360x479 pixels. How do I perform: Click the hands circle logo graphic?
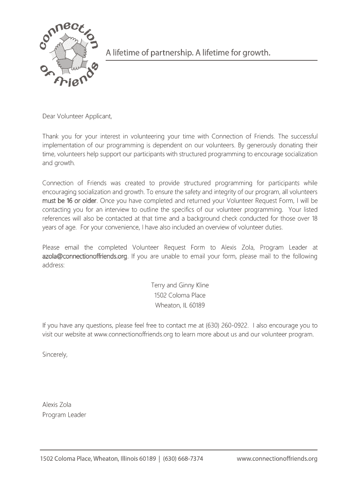71,53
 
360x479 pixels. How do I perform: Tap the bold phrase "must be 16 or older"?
70,201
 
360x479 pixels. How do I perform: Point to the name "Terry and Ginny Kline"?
180,285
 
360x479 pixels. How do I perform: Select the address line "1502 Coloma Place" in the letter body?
180,295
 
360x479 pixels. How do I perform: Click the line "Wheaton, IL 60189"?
180,305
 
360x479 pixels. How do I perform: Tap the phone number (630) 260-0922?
226,326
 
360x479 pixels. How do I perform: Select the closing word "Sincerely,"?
55,355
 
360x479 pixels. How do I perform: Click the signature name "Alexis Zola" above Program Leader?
57,405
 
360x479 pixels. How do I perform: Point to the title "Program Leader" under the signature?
65,415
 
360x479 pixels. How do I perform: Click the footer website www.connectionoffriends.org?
277,459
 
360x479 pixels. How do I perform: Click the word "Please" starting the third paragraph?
51,247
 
